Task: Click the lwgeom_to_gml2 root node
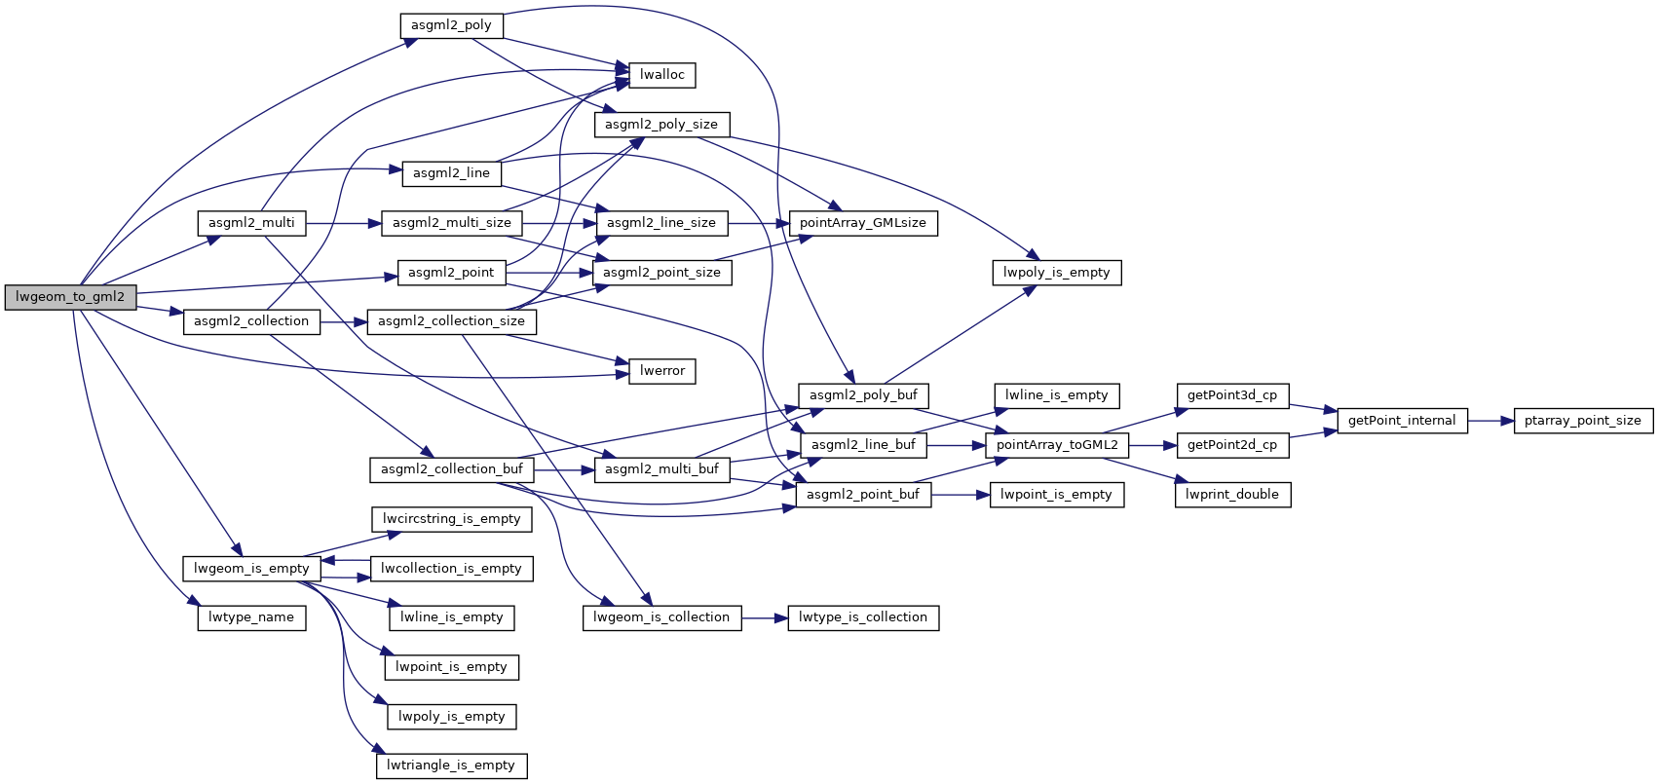[x=70, y=297]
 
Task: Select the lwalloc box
[x=662, y=75]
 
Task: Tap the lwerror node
[x=662, y=371]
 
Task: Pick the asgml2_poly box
[x=451, y=25]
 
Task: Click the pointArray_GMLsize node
[x=862, y=223]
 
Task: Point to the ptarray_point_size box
[x=1583, y=421]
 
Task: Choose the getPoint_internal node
[x=1402, y=421]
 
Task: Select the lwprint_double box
[x=1232, y=495]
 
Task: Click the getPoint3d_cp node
[x=1232, y=395]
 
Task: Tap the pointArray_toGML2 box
[x=1057, y=445]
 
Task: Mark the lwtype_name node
[x=251, y=617]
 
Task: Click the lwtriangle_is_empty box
[x=451, y=765]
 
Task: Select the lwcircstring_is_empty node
[x=451, y=519]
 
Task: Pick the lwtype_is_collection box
[x=862, y=617]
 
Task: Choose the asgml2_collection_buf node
[x=452, y=469]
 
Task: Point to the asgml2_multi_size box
[x=452, y=223]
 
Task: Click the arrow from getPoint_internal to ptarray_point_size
[x=1490, y=421]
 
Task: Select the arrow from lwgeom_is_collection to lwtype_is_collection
[x=765, y=617]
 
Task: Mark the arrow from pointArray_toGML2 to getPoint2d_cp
[x=1153, y=445]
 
